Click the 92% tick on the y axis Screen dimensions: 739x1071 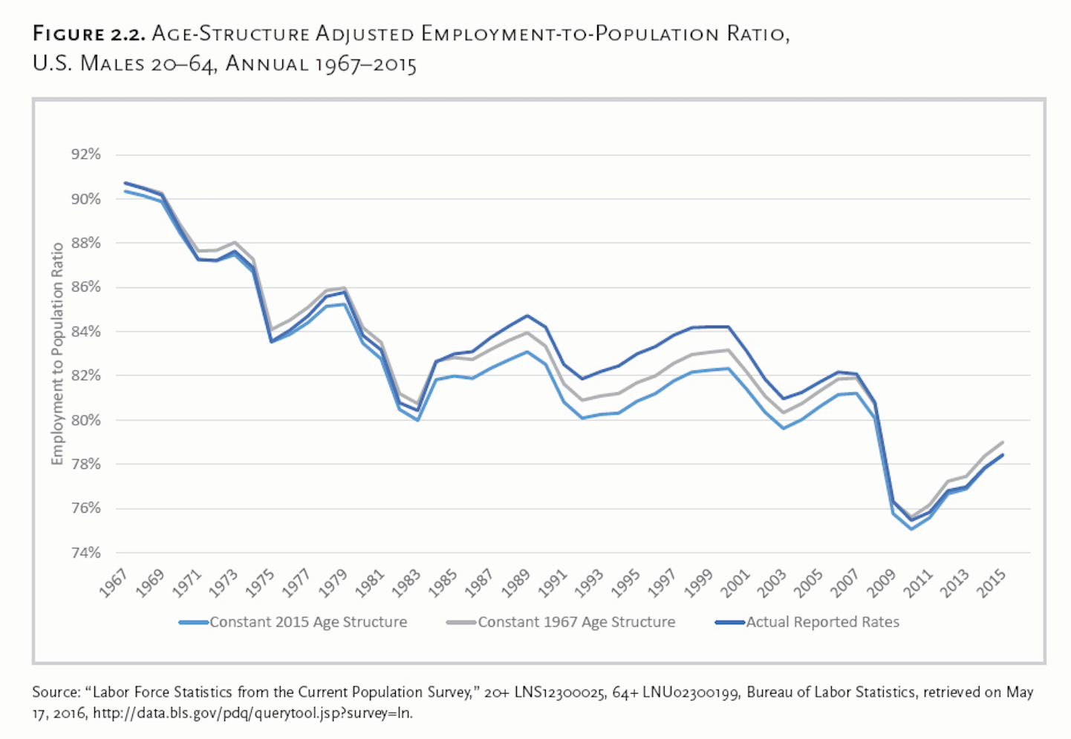(x=85, y=154)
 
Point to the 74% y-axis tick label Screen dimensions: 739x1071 (x=85, y=553)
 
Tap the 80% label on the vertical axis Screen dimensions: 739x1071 (x=85, y=420)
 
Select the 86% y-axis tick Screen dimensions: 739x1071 (x=85, y=287)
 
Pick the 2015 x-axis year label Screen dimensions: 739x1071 (x=992, y=584)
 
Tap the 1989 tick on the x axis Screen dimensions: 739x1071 (x=517, y=584)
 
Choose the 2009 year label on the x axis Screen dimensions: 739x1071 (x=882, y=584)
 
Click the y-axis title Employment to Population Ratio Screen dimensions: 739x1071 (x=57, y=354)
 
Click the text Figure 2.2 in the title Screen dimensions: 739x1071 (x=88, y=34)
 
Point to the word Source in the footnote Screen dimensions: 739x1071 (x=55, y=692)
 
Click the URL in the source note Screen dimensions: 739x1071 (x=253, y=714)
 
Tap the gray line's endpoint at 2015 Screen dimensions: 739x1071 (x=1003, y=442)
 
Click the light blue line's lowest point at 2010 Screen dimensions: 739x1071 (x=911, y=529)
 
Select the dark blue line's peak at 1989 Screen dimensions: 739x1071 (x=527, y=316)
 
